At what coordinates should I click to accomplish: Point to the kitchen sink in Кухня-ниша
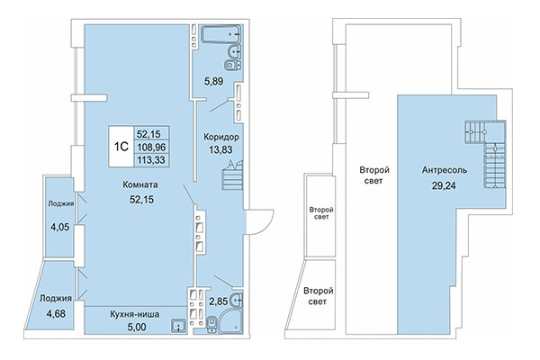tap(181, 325)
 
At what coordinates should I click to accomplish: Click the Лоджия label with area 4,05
tap(60, 203)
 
